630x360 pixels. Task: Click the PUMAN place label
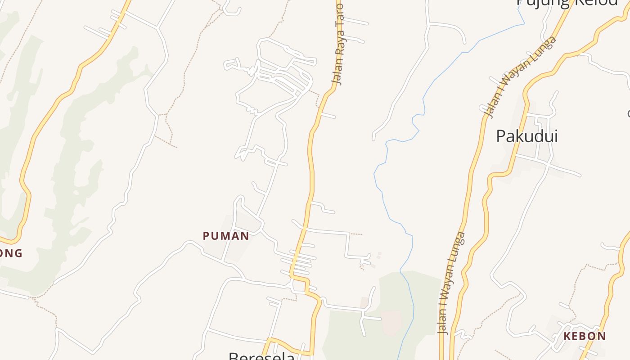tap(226, 236)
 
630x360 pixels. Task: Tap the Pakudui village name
tap(527, 136)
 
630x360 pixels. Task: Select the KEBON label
tap(585, 336)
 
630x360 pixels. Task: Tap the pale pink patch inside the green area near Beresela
tap(391, 323)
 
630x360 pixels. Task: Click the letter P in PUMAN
tap(206, 236)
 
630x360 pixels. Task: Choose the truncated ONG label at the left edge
tap(10, 253)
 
